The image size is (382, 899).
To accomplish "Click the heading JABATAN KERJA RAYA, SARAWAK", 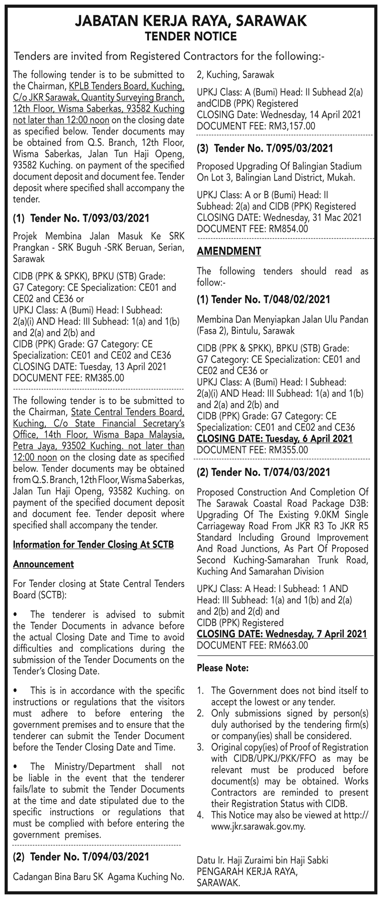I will (191, 21).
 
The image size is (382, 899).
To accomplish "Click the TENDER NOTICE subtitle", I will (191, 36).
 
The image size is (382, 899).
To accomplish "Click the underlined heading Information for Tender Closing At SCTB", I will (93, 544).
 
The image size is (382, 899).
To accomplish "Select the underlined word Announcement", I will (43, 564).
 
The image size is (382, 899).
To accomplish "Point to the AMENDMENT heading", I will (229, 251).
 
